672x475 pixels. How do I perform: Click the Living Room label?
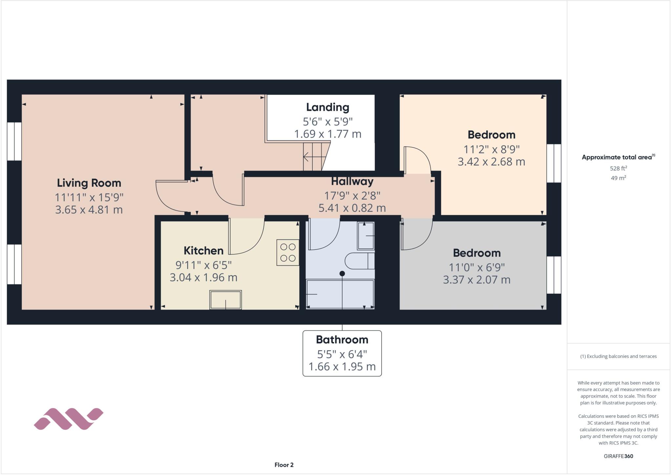click(x=89, y=183)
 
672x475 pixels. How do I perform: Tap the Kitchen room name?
click(x=203, y=251)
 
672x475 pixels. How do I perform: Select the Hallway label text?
click(x=352, y=182)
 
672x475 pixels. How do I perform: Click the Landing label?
click(x=327, y=107)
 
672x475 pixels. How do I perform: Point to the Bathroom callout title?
click(x=342, y=340)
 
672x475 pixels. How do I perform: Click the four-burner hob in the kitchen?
click(x=288, y=252)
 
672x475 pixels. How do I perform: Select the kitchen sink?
click(x=226, y=299)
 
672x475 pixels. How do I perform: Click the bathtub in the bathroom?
click(x=340, y=294)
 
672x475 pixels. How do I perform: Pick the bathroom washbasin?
click(x=366, y=236)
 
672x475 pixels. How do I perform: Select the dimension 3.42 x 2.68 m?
click(x=491, y=162)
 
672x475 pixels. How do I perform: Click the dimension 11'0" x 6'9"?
click(x=476, y=268)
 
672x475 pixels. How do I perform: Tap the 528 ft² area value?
click(x=619, y=168)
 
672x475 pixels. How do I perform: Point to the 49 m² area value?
click(x=619, y=178)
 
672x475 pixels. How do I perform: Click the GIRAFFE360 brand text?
click(x=618, y=456)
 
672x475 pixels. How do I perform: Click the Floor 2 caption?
click(x=284, y=465)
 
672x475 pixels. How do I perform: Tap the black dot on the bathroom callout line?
click(x=342, y=273)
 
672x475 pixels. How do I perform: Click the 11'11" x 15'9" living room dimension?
click(x=89, y=197)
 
